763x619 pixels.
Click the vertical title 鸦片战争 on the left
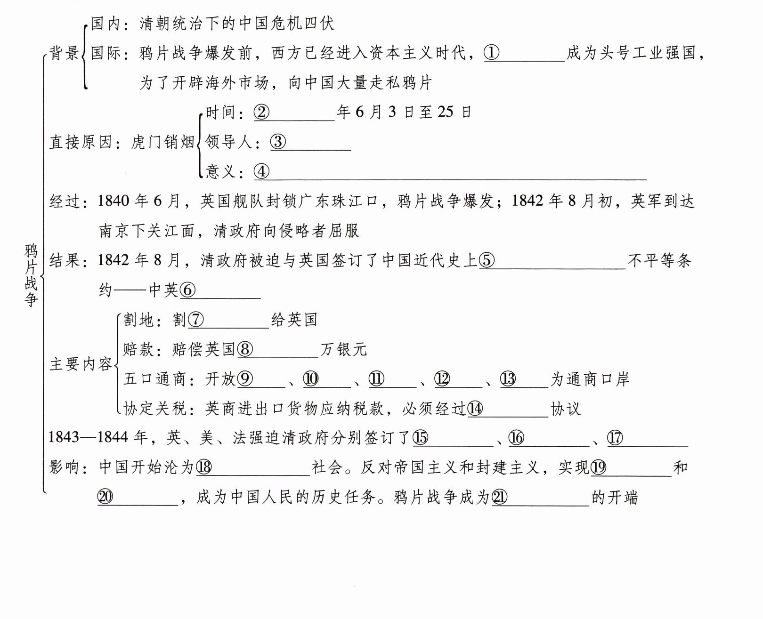(31, 275)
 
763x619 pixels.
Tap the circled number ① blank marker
(492, 52)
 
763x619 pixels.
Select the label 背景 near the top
(65, 53)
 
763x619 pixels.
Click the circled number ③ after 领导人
(278, 142)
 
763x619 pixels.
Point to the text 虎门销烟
(162, 142)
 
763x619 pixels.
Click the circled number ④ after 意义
(261, 171)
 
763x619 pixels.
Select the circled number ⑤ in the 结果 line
(487, 260)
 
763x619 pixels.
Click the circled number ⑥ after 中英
(187, 290)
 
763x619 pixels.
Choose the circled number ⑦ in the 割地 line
(196, 320)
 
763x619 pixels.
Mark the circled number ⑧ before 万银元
(245, 349)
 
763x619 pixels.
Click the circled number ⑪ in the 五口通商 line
(376, 379)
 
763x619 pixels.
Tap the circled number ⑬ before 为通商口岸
(508, 379)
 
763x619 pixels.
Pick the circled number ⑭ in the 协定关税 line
(475, 409)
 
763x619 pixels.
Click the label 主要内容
(81, 364)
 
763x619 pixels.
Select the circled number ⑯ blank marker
(516, 438)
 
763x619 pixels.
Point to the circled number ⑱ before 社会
(204, 467)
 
